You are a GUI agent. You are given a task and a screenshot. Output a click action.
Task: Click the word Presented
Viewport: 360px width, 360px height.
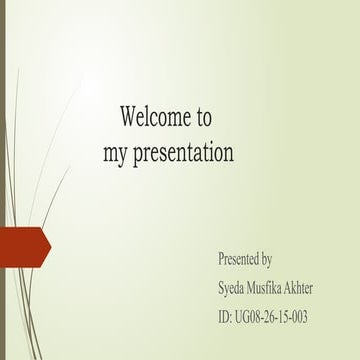coord(239,259)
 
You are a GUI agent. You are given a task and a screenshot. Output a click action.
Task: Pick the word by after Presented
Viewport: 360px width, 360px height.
coord(267,259)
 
